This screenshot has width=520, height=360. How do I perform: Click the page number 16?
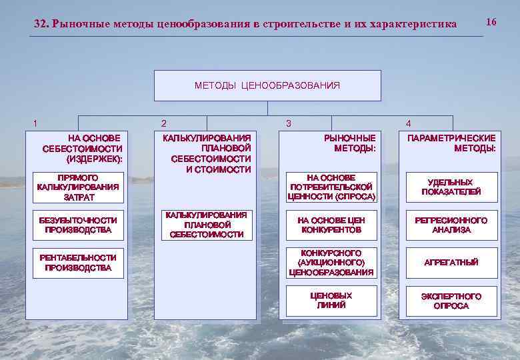pos(491,22)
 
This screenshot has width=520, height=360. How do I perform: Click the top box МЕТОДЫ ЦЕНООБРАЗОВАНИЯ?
pos(267,85)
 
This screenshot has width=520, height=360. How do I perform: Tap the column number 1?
pos(35,123)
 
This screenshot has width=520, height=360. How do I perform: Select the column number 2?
pos(164,123)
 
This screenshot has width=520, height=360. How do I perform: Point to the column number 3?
pos(288,123)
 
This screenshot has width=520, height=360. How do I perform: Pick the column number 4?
pos(409,123)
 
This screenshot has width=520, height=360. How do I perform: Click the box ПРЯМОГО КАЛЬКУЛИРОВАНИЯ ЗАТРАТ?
pos(78,187)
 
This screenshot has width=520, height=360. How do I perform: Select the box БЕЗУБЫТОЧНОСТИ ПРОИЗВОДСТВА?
pos(78,225)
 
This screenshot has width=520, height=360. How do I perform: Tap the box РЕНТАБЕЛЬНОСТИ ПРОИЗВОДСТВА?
pos(78,263)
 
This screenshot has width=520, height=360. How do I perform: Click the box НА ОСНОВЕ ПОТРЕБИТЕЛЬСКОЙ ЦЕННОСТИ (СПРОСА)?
pos(331,187)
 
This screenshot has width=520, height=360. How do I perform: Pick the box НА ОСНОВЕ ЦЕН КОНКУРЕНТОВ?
pos(331,225)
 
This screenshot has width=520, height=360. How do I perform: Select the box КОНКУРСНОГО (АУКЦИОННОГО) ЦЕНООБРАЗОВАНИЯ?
pos(331,263)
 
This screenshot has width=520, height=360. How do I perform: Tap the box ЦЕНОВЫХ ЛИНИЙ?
pos(331,301)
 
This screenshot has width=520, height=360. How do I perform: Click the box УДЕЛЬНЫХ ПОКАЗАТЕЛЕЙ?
pos(451,187)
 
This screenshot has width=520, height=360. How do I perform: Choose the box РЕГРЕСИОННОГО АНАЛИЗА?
pos(451,225)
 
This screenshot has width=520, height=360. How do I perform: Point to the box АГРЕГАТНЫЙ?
pos(451,263)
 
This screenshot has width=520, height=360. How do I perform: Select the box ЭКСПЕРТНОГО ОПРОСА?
pos(451,301)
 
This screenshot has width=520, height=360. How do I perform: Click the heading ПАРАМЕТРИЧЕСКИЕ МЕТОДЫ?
pos(451,143)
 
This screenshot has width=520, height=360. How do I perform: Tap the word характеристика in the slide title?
pos(414,24)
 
